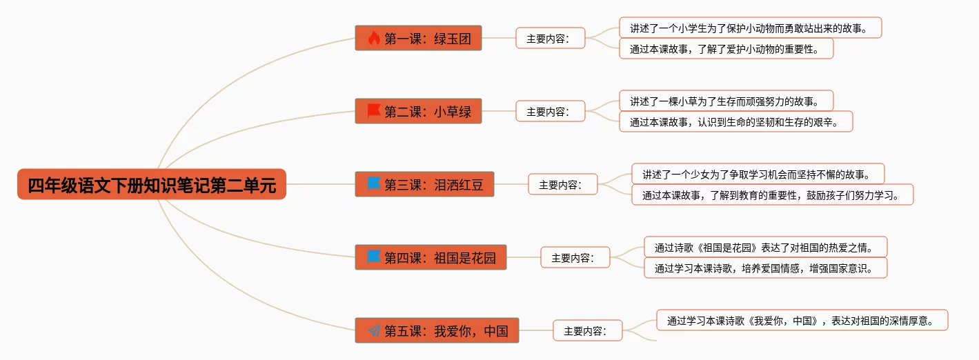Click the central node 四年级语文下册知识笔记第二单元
click(152, 185)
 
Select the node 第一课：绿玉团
click(418, 39)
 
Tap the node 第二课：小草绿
click(418, 111)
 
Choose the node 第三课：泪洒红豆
click(424, 184)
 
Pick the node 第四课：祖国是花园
click(431, 258)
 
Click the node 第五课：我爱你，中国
click(437, 331)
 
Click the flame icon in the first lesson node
click(374, 39)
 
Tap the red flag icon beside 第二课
click(374, 111)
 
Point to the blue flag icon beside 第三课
click(374, 184)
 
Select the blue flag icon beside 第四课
click(374, 257)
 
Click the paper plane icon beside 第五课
click(374, 331)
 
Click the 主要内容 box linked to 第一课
click(550, 39)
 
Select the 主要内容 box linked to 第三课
click(562, 185)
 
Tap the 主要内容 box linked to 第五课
click(587, 331)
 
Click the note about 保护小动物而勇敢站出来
click(751, 28)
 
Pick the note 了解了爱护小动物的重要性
click(726, 49)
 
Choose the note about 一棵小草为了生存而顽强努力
click(726, 101)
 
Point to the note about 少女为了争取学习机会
click(758, 174)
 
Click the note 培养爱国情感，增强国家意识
click(765, 268)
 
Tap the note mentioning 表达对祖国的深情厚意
click(802, 321)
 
